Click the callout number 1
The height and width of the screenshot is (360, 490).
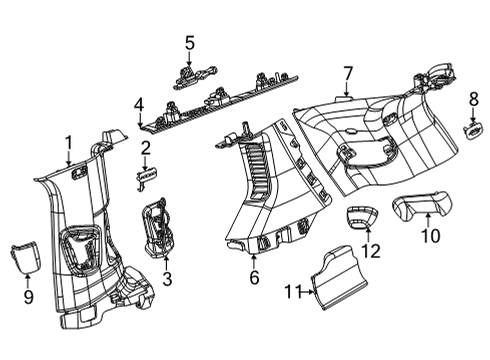tap(68, 142)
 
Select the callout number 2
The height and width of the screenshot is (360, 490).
tap(146, 149)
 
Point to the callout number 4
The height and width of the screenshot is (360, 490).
tap(140, 103)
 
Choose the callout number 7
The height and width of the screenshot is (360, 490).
tap(348, 72)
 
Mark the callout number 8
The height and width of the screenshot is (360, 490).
tap(473, 98)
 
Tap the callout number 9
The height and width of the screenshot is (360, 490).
tap(28, 296)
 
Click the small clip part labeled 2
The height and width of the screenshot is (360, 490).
tap(147, 173)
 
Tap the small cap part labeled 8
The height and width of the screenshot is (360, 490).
tap(473, 128)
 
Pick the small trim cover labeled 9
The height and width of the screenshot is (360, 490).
tap(25, 258)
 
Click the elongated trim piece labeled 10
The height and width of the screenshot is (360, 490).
tap(420, 208)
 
